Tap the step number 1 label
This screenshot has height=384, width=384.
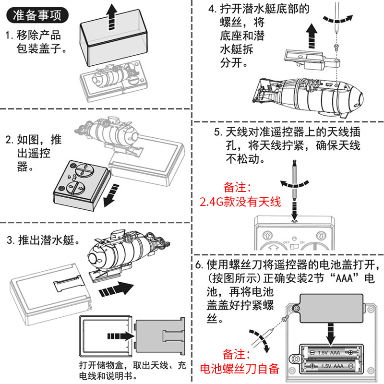(x=9, y=36)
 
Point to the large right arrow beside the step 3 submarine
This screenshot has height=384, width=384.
(x=116, y=289)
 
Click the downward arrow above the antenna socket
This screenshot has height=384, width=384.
(x=294, y=207)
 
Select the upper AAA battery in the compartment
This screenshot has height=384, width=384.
(x=333, y=352)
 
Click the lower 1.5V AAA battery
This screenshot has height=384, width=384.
(x=333, y=366)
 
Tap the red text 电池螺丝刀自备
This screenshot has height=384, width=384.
(x=240, y=369)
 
